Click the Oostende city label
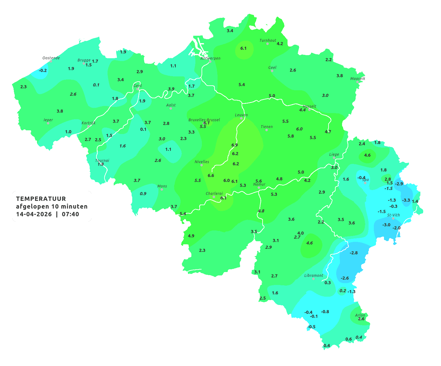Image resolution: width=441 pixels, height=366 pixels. point(51,58)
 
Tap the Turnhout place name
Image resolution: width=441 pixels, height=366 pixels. point(268,40)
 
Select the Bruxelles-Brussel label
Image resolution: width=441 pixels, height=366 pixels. point(204,120)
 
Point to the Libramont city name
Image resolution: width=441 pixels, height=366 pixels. point(313,275)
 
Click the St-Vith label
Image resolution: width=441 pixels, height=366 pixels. point(394,215)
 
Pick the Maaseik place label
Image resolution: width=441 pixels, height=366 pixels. point(357,79)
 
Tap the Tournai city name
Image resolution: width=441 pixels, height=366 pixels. point(102,161)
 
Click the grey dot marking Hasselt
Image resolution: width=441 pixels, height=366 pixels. point(309,109)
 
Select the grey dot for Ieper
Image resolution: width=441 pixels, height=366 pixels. point(48,123)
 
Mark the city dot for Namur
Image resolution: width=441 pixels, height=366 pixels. point(259,188)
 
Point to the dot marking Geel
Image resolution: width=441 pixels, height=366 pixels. point(272,71)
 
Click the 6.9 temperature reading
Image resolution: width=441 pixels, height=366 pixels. point(235,145)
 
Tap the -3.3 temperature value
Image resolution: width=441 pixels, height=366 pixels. point(406,200)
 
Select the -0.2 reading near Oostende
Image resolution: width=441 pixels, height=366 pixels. point(43,70)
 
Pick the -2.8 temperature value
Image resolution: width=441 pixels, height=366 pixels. point(354,253)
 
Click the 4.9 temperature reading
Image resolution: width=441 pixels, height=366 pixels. point(191,236)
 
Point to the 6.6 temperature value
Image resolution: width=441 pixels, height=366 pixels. point(211,176)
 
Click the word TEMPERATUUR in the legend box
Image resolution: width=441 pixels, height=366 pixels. point(41,199)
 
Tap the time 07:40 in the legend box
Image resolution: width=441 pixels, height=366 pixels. point(70,214)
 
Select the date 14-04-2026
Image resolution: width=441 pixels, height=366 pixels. point(34,214)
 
